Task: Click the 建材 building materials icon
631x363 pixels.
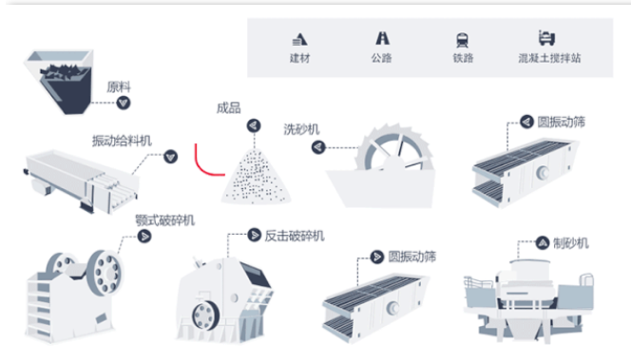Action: coord(299,40)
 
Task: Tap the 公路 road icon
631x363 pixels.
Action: coord(382,38)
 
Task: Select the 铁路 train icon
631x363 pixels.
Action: coord(463,40)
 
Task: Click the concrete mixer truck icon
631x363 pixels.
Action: coord(546,38)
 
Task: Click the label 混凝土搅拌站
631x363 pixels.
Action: coord(549,58)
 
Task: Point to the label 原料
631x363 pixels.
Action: coord(118,86)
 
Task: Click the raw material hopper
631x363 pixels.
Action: coord(59,82)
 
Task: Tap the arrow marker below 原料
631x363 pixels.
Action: coord(124,103)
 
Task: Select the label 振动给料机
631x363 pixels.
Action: coord(122,141)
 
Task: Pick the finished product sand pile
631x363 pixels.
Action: coord(256,176)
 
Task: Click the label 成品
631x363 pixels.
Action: coord(229,107)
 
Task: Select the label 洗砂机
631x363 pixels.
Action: coord(301,129)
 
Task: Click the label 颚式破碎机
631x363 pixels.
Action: coord(164,220)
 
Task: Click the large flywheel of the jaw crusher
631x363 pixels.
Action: coord(105,272)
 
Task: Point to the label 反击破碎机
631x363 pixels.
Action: coord(295,236)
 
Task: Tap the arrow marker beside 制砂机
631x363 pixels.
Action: coord(543,242)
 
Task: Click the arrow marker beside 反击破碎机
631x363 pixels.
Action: coord(254,235)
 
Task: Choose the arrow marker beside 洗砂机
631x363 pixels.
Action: coord(318,147)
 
